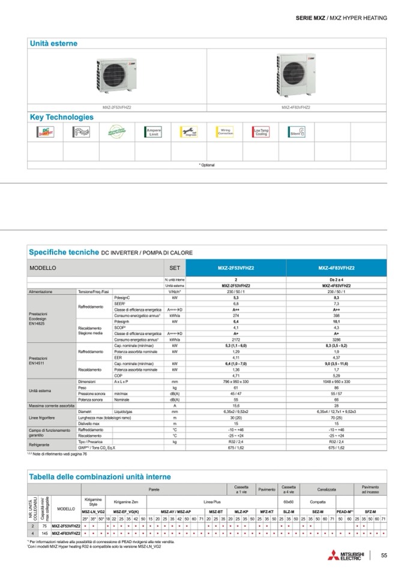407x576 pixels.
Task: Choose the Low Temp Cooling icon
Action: (x=261, y=133)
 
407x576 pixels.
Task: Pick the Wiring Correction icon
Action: (x=226, y=133)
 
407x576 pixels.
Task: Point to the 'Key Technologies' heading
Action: (x=62, y=117)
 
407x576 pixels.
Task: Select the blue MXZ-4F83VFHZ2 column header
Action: (x=336, y=268)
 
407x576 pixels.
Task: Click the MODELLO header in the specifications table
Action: (x=43, y=268)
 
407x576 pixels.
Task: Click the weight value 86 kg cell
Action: (x=336, y=388)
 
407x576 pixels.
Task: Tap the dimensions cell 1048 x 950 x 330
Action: (x=336, y=381)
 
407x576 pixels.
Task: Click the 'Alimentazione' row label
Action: (x=41, y=291)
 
